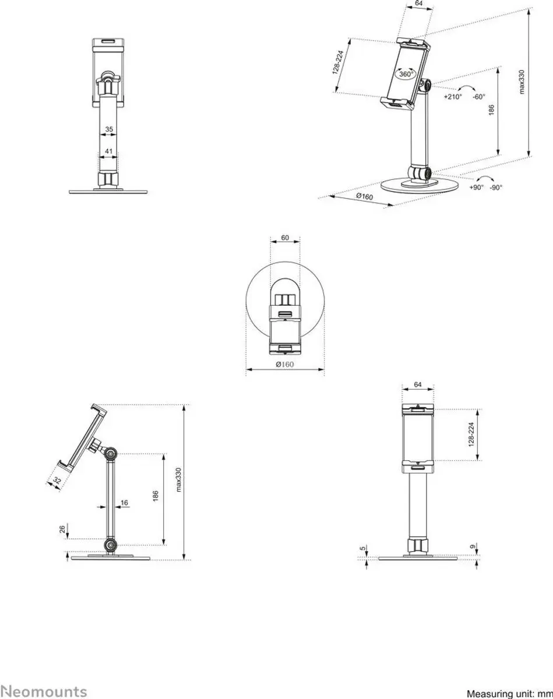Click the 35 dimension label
pos(109,129)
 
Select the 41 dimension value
pos(108,151)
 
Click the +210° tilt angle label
pos(453,97)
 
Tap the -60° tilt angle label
pos(479,97)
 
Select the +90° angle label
pos(476,188)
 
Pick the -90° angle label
pos(496,188)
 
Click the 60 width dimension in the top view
pos(285,238)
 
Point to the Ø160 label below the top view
pos(285,365)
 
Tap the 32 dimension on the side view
pos(57,481)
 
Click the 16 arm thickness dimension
pos(124,503)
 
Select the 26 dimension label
pos(62,529)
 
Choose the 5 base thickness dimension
pos(363,548)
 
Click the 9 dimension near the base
pos(473,547)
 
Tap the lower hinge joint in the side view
pos(111,545)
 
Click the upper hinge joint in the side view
pos(111,453)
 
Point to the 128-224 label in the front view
pos(471,435)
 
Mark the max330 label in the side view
pos(178,480)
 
